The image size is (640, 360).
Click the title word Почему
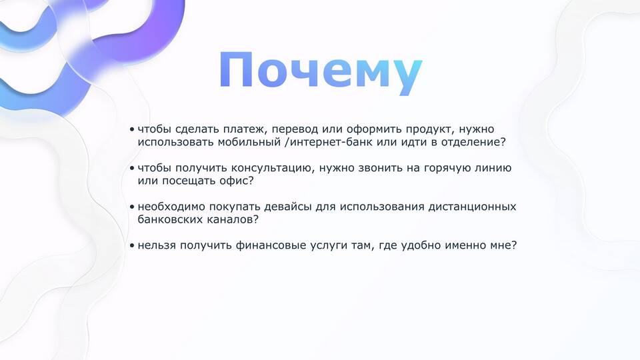pos(321,72)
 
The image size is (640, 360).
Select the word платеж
pos(245,129)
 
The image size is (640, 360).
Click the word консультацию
pos(273,168)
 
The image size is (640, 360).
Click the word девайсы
pos(288,207)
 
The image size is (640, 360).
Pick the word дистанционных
pos(472,207)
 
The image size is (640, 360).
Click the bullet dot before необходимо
pos(132,207)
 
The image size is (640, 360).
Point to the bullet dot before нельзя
pos(132,246)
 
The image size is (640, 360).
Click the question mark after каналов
pos(256,219)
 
